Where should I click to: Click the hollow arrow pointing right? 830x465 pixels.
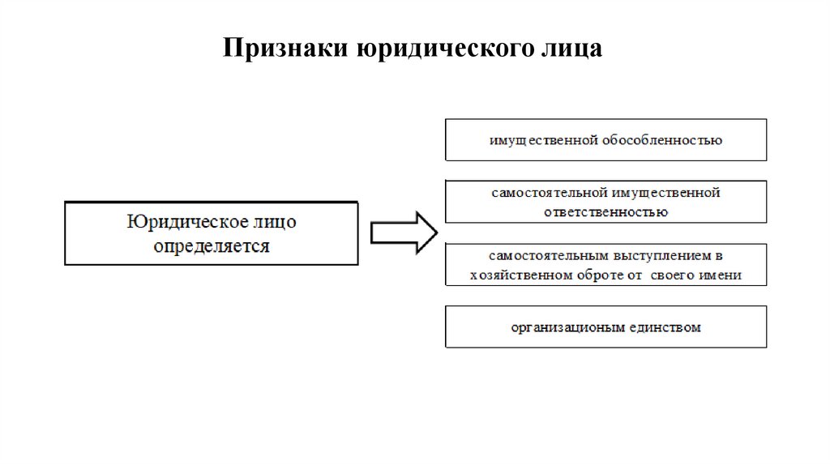coord(404,232)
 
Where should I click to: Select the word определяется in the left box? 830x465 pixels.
coord(211,245)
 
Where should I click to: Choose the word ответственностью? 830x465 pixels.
coord(606,211)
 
